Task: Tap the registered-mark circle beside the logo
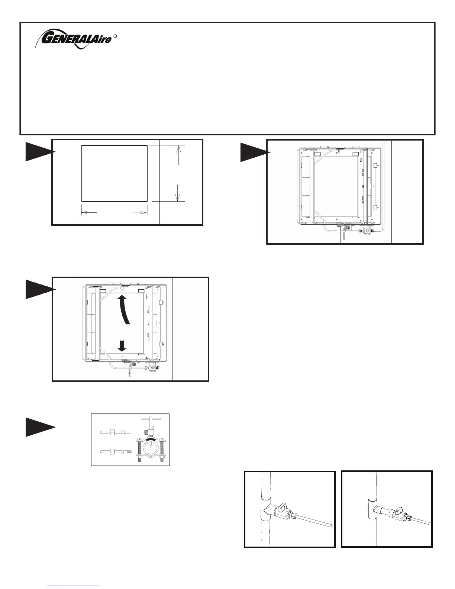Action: tap(116, 36)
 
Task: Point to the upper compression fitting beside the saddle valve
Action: tap(115, 432)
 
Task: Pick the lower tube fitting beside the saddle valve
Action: tap(115, 451)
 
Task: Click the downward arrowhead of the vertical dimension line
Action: tap(179, 197)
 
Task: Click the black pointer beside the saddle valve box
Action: tap(40, 427)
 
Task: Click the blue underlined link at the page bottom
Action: tap(74, 585)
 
